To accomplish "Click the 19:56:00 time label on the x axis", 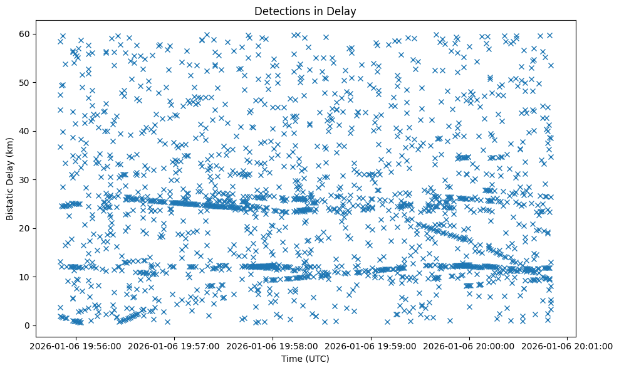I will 76,346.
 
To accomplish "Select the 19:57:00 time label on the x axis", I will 174,346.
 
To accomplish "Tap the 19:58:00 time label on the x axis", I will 273,346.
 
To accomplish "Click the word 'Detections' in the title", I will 278,11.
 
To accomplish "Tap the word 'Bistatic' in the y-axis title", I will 11,202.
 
